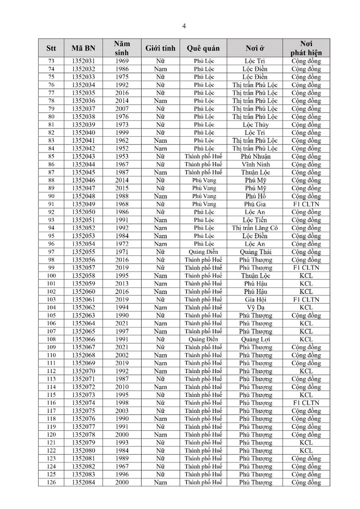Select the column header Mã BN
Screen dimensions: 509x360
[x=83, y=48]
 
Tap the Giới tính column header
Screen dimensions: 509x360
[x=160, y=48]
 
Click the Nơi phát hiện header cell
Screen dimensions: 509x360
[x=306, y=48]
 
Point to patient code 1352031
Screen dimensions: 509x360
[x=83, y=61]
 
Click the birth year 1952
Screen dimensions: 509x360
[x=121, y=149]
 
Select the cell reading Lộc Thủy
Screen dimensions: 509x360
[x=255, y=125]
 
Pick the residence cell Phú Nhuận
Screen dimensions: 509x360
[x=255, y=157]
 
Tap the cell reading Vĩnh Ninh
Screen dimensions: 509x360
[x=255, y=165]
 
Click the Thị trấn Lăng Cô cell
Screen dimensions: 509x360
[x=255, y=228]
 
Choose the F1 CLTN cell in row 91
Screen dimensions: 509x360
[x=306, y=204]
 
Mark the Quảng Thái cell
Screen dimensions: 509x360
[x=255, y=252]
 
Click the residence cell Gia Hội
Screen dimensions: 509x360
[x=255, y=300]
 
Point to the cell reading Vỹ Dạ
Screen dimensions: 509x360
[x=255, y=308]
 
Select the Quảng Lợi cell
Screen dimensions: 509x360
[x=255, y=339]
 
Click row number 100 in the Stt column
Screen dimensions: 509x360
[x=51, y=276]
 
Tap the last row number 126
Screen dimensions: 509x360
[x=51, y=482]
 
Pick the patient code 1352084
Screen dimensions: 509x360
[x=83, y=482]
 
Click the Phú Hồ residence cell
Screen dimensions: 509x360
[x=255, y=196]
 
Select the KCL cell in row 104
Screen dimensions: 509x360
[x=306, y=308]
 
